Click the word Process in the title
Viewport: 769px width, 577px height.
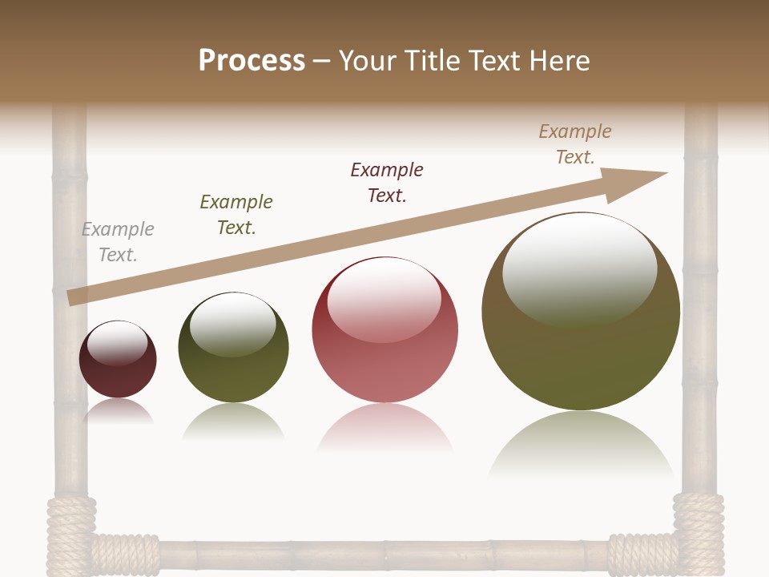[252, 60]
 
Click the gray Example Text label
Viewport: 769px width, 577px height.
[118, 242]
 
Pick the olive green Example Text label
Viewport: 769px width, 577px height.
[236, 215]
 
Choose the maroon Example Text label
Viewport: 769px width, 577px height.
[387, 183]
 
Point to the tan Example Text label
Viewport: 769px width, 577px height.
[575, 144]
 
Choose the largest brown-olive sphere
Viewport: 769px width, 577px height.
[581, 353]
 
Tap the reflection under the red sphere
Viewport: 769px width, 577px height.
[385, 429]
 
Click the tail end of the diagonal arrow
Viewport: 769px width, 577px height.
[72, 297]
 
